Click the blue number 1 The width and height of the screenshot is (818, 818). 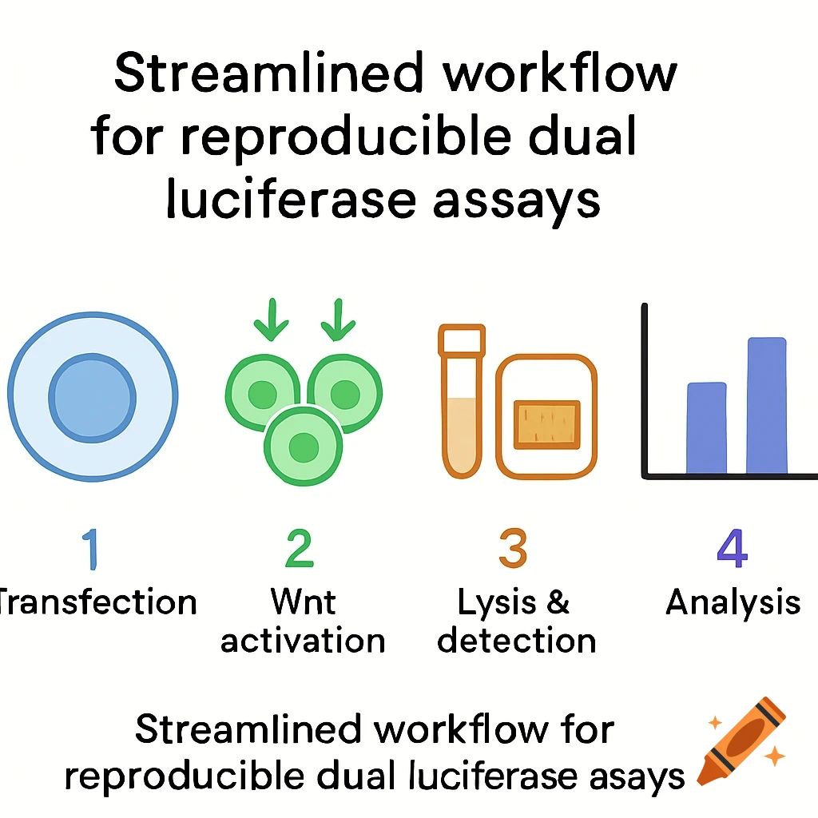(x=91, y=549)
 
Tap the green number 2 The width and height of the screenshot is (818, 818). (x=300, y=548)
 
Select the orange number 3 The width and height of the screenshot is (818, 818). (x=514, y=548)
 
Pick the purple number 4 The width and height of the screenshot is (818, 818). (x=733, y=548)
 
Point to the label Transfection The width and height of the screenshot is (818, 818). (x=97, y=602)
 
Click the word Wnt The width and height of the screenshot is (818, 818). (x=303, y=602)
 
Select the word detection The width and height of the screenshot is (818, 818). (x=517, y=640)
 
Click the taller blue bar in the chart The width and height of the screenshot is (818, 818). (x=766, y=405)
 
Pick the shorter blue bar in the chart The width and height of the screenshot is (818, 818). (x=706, y=428)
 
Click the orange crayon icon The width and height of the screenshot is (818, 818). (x=742, y=741)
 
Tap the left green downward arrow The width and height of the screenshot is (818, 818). (x=272, y=320)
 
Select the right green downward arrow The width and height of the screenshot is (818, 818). (x=338, y=320)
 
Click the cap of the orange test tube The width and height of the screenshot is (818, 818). (x=462, y=340)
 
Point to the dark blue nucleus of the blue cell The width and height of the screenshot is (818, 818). (x=93, y=398)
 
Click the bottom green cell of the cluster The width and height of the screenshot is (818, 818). (x=303, y=447)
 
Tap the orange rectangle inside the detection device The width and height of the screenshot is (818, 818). (x=546, y=425)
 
